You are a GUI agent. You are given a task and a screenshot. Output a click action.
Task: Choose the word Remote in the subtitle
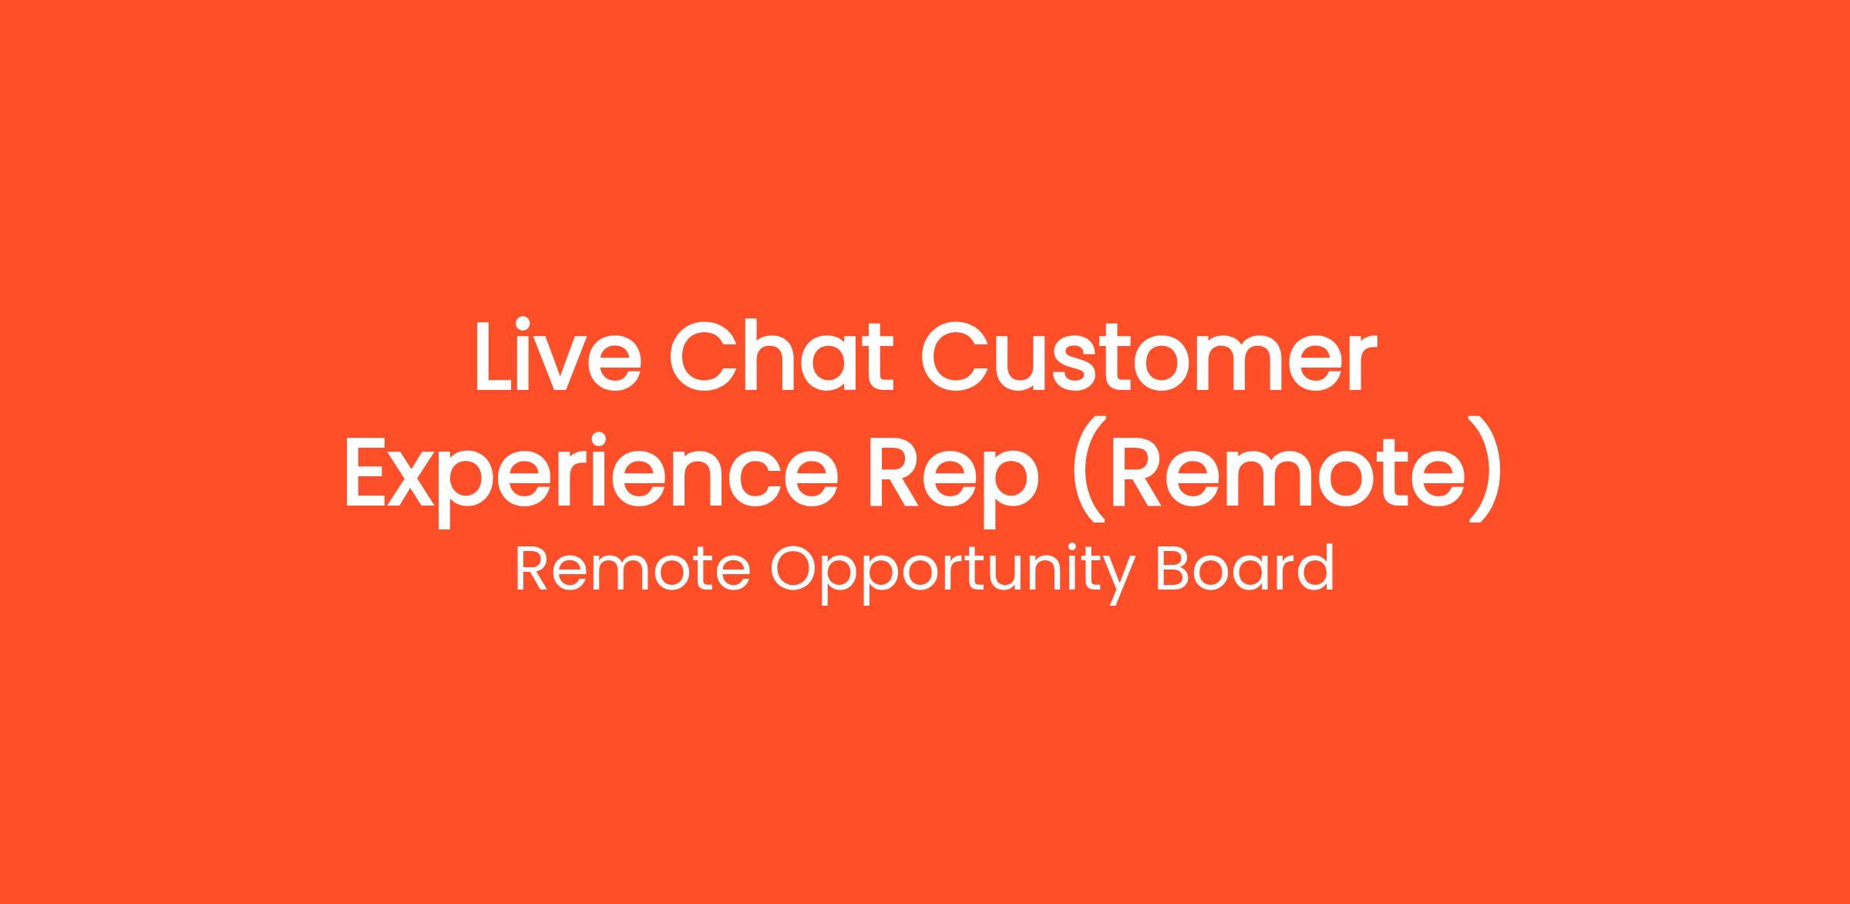pyautogui.click(x=632, y=569)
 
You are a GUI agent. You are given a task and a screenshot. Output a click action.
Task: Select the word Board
pyautogui.click(x=1245, y=568)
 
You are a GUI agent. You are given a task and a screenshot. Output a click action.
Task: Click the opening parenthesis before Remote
pyautogui.click(x=1087, y=470)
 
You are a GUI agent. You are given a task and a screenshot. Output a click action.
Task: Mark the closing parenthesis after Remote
pyautogui.click(x=1487, y=470)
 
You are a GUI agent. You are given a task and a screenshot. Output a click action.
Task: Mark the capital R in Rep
pyautogui.click(x=895, y=472)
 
